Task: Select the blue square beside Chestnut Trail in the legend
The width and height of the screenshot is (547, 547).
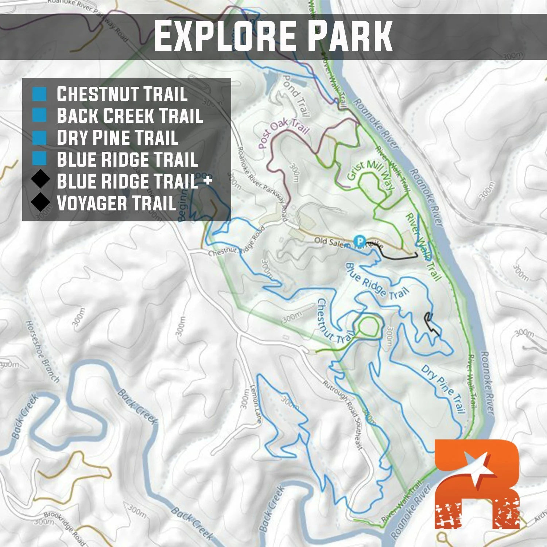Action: tap(39, 94)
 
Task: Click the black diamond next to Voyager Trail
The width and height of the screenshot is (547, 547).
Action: tap(40, 202)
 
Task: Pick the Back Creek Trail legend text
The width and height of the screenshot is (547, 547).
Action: tap(129, 116)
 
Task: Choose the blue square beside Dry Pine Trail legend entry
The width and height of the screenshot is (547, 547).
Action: tap(39, 137)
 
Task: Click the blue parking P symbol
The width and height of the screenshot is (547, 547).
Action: tap(360, 241)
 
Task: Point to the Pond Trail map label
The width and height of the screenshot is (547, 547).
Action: tap(296, 96)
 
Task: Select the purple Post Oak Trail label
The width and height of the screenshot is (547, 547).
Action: tap(283, 133)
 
